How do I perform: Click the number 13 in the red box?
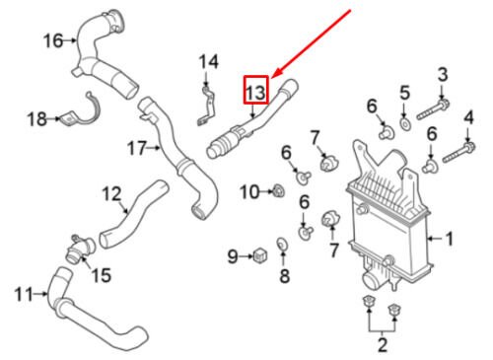[x=255, y=93]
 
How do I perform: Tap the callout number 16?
[x=53, y=41]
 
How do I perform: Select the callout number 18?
[x=36, y=118]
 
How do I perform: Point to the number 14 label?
[x=209, y=62]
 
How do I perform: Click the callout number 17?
[x=137, y=148]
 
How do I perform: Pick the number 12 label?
[x=111, y=194]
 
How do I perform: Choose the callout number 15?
[x=101, y=274]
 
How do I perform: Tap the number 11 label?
[x=24, y=294]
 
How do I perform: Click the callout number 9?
[x=233, y=256]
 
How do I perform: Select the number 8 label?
[x=284, y=275]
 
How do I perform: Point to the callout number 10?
[x=249, y=192]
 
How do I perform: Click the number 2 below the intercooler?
[x=383, y=345]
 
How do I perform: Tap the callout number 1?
[x=449, y=238]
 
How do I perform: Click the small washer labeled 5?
[x=404, y=124]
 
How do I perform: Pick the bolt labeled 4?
[x=459, y=153]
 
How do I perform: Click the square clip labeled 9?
[x=260, y=255]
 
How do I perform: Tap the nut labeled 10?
[x=279, y=191]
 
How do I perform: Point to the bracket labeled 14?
[x=206, y=106]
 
